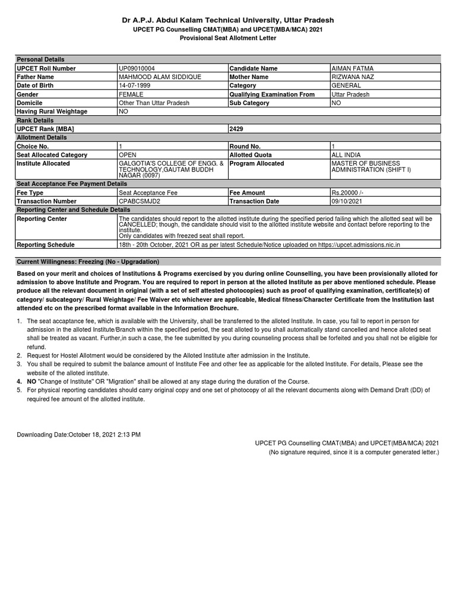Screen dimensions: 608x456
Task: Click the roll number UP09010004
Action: coord(137,68)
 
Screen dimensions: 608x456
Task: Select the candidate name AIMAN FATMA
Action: coord(352,68)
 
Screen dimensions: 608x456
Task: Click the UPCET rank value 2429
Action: coord(236,129)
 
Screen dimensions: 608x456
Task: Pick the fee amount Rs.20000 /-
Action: coord(350,193)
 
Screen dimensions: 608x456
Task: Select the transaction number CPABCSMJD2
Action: coord(140,201)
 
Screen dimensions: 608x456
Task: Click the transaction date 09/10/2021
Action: coord(347,201)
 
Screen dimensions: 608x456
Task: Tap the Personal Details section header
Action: coord(40,59)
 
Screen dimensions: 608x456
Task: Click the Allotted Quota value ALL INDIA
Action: coord(346,155)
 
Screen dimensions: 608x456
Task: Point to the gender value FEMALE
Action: coord(131,94)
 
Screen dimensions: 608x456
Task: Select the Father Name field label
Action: coord(35,77)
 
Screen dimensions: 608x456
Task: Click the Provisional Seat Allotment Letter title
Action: coord(228,38)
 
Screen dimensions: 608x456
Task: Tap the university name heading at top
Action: coord(228,20)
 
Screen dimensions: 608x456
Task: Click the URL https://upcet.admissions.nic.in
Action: coord(359,245)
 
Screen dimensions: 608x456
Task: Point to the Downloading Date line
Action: coord(78,435)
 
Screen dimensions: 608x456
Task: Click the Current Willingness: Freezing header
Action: coord(87,262)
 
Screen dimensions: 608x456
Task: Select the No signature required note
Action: coord(354,452)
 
